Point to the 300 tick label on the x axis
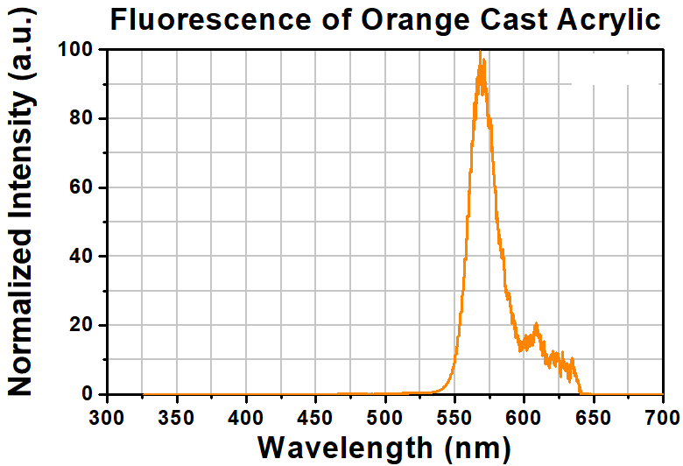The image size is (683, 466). click(x=108, y=413)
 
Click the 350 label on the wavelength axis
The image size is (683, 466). click(x=177, y=413)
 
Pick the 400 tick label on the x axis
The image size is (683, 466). click(x=246, y=413)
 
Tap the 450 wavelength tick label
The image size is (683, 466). click(x=315, y=413)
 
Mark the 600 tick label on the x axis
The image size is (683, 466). click(x=524, y=413)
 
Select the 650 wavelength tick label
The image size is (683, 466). click(x=593, y=413)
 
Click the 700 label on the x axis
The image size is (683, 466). click(x=661, y=413)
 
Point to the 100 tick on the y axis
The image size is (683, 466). click(x=75, y=50)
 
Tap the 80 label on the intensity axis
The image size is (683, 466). click(x=81, y=118)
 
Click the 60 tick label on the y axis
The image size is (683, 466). click(x=81, y=187)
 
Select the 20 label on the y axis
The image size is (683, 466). click(x=81, y=326)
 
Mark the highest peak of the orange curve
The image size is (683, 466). click(x=480, y=53)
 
